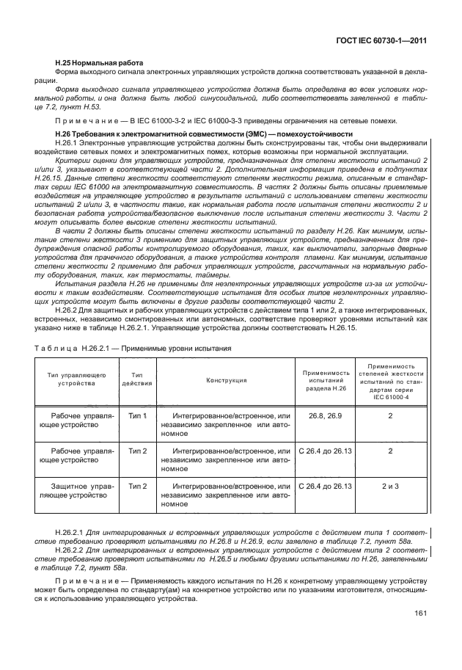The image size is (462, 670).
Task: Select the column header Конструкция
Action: point(226,380)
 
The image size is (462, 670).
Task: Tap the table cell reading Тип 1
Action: point(137,415)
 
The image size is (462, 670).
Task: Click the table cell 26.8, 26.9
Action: point(326,415)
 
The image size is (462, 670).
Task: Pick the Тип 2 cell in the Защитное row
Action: point(137,486)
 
